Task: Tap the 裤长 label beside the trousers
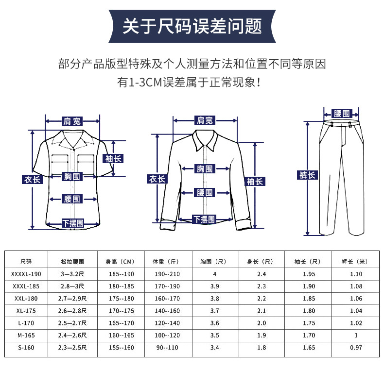pyautogui.click(x=307, y=175)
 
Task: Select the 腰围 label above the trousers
pyautogui.click(x=342, y=114)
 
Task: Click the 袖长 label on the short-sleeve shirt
pyautogui.click(x=114, y=158)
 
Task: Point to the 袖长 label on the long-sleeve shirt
pyautogui.click(x=254, y=181)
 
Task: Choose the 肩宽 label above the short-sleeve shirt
pyautogui.click(x=72, y=121)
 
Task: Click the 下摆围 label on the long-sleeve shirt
pyautogui.click(x=204, y=219)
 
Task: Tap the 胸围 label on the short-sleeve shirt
pyautogui.click(x=72, y=176)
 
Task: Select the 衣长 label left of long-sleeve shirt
pyautogui.click(x=157, y=179)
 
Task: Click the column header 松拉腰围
pyautogui.click(x=69, y=262)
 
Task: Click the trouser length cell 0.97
pyautogui.click(x=356, y=348)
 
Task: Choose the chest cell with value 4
pyautogui.click(x=214, y=274)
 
